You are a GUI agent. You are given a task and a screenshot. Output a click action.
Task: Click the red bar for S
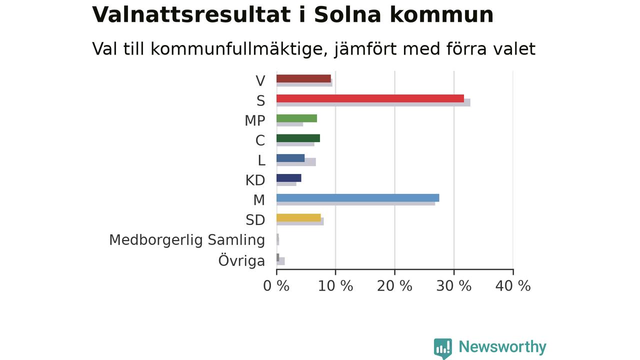pyautogui.click(x=370, y=98)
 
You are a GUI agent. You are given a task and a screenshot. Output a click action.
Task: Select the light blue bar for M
pyautogui.click(x=357, y=197)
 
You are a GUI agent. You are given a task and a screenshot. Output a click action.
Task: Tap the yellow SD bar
pyautogui.click(x=298, y=217)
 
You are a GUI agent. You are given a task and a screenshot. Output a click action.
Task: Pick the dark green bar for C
pyautogui.click(x=298, y=138)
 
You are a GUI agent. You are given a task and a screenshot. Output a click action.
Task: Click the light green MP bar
pyautogui.click(x=296, y=118)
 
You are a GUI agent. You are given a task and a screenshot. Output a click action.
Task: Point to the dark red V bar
pyautogui.click(x=303, y=78)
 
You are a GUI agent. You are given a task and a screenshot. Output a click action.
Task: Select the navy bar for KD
pyautogui.click(x=288, y=178)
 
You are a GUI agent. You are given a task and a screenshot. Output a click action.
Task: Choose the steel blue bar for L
pyautogui.click(x=290, y=158)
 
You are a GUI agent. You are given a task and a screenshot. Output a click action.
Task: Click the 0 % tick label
pyautogui.click(x=276, y=286)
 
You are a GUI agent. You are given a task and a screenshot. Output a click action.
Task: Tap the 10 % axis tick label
pyautogui.click(x=335, y=286)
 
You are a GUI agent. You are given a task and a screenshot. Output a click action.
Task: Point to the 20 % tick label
pyautogui.click(x=394, y=286)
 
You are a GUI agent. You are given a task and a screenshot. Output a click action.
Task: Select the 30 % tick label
pyautogui.click(x=453, y=286)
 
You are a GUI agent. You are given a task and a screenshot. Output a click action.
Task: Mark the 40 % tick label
pyautogui.click(x=513, y=286)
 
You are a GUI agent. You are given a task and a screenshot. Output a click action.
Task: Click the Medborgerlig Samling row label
pyautogui.click(x=187, y=240)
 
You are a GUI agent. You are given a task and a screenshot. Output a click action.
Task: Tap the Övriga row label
pyautogui.click(x=241, y=260)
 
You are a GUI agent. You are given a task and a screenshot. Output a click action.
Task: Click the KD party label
pyautogui.click(x=255, y=180)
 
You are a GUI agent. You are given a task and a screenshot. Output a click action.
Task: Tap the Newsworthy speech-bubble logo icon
pyautogui.click(x=443, y=348)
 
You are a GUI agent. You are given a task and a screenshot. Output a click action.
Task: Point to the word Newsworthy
pyautogui.click(x=502, y=347)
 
